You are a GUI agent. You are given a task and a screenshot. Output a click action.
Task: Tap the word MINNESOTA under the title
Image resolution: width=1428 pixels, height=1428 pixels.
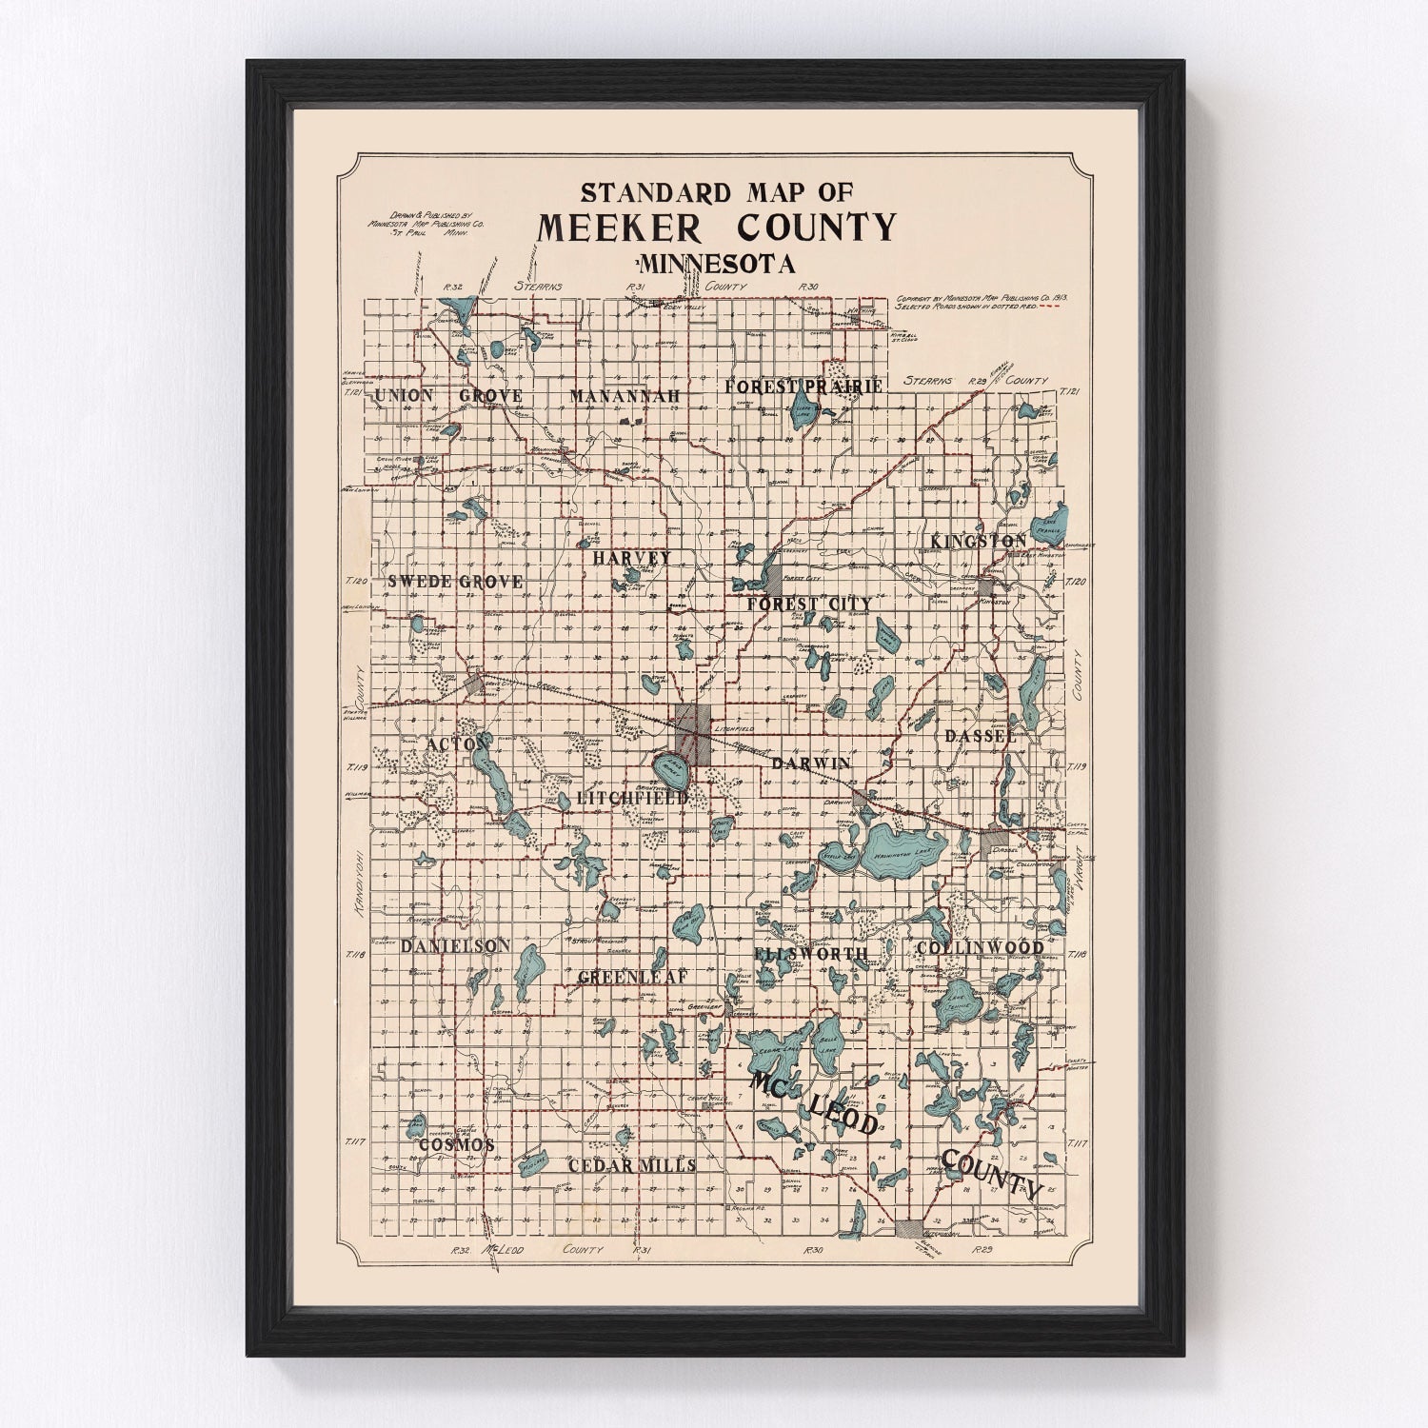(717, 264)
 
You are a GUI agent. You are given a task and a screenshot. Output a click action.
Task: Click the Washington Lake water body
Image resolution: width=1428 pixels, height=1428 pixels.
(903, 845)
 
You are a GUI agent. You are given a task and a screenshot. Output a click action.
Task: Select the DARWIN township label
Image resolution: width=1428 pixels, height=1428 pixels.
(811, 764)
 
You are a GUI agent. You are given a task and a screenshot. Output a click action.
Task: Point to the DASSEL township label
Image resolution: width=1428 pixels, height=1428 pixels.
(981, 736)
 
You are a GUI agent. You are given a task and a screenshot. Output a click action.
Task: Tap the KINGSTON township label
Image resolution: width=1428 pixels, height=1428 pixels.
(979, 541)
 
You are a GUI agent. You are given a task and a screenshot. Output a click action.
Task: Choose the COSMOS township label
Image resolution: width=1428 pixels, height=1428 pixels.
(457, 1144)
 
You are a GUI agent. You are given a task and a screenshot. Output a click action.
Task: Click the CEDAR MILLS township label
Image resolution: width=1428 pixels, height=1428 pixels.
(632, 1165)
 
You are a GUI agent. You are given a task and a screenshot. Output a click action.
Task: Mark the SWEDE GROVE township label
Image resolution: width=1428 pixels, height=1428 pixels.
(455, 581)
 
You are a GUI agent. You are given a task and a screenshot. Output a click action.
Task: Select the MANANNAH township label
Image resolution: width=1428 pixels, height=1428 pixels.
(625, 395)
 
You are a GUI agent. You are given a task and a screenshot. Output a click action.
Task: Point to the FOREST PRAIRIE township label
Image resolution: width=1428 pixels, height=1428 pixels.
(803, 386)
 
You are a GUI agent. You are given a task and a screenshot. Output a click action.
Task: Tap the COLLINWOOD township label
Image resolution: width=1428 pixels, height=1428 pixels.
(980, 948)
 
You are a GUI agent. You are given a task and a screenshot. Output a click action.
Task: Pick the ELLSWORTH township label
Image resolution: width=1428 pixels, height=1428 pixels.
(810, 953)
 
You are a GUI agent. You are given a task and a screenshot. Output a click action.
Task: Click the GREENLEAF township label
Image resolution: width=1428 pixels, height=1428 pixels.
(633, 977)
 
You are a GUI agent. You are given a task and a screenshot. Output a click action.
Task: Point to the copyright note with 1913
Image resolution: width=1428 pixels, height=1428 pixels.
(981, 303)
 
